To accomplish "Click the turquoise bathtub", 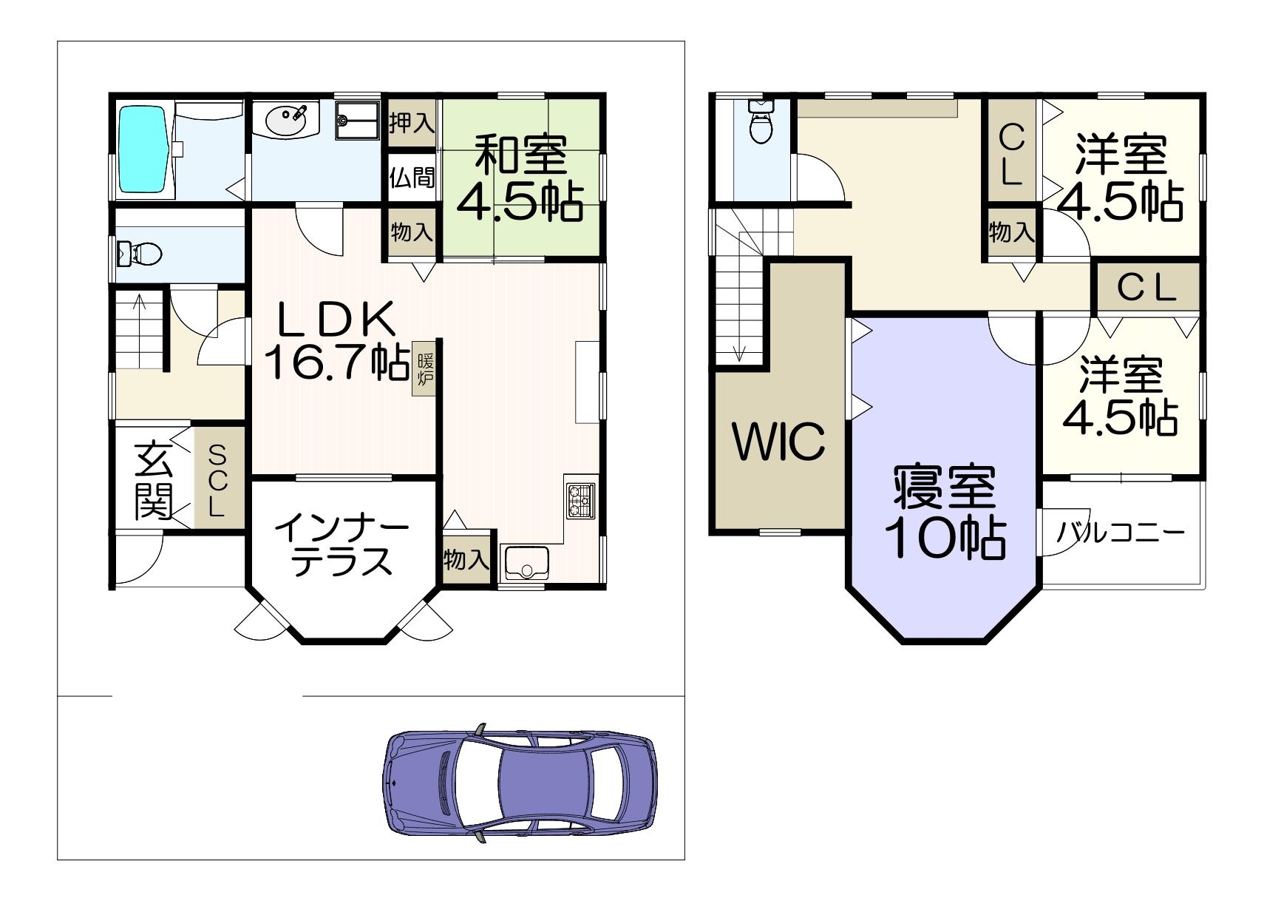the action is (144, 149).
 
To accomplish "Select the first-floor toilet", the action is (139, 253).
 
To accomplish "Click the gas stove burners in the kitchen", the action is (581, 501).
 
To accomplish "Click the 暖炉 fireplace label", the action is (426, 370).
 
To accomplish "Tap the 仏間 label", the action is (412, 178).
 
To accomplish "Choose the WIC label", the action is (778, 441).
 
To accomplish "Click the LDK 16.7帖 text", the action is (338, 341).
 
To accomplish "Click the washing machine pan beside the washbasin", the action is (358, 120).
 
